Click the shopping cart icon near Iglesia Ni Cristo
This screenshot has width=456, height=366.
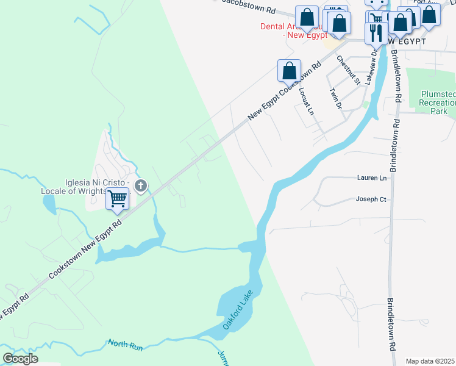click(117, 198)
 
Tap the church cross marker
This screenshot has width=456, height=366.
click(141, 185)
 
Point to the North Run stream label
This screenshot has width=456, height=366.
click(125, 345)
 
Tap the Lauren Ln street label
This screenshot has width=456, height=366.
click(372, 178)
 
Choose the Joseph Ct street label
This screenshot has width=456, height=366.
click(371, 199)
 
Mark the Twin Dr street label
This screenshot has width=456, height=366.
click(335, 98)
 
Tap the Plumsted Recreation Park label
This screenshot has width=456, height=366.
click(438, 102)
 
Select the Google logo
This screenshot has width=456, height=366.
click(20, 358)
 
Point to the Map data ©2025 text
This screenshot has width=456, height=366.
click(430, 361)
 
